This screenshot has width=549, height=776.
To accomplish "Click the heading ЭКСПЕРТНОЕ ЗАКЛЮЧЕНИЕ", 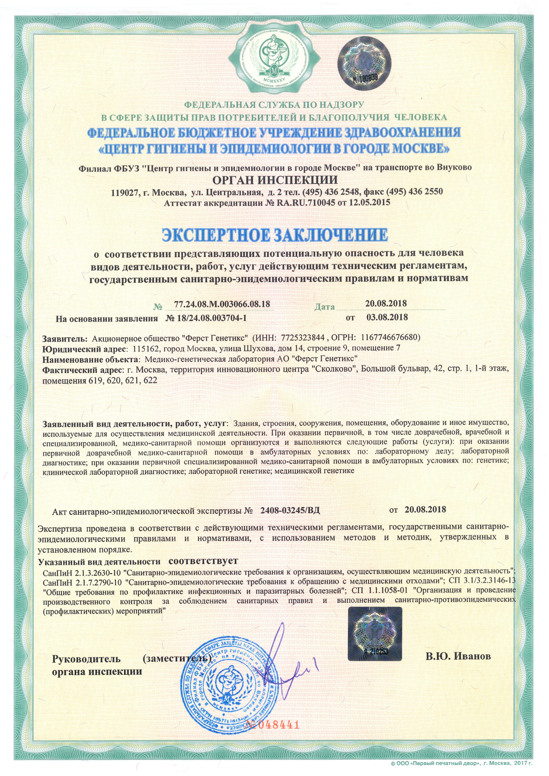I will [274, 235].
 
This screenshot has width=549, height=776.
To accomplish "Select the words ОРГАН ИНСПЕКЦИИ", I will [274, 179].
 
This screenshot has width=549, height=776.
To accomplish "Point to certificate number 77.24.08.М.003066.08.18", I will [223, 304].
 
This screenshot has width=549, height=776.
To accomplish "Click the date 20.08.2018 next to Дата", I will [386, 303].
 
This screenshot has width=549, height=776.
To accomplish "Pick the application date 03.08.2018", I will [387, 317].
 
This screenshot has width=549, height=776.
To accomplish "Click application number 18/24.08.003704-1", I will [206, 318].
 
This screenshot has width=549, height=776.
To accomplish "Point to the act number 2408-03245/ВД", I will [290, 510].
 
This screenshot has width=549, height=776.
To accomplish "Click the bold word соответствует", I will [203, 561].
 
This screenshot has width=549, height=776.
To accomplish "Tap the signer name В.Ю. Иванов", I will [458, 656].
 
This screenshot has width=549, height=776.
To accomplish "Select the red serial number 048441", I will [275, 724].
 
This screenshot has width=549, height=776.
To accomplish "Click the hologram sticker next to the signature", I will [375, 633].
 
